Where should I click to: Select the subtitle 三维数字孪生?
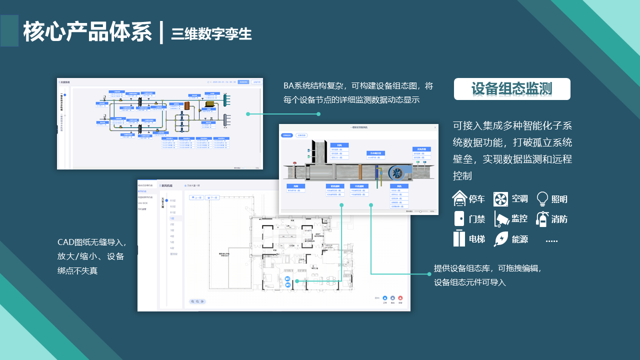pos(211,33)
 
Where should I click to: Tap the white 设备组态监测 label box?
pos(511,89)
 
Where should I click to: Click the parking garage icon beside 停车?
pos(460,198)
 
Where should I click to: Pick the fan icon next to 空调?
pos(500,199)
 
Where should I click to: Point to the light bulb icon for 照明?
pos(542,199)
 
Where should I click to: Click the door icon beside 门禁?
pos(459,218)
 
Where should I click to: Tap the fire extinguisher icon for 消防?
pos(541,218)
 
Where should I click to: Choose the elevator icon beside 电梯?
pos(459,238)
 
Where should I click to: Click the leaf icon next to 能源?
pos(500,239)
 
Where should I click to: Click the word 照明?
pos(559,199)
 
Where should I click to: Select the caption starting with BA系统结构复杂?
pos(358,86)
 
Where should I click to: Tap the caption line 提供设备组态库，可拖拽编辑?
pos(487,268)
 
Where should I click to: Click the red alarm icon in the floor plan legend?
pos(400,298)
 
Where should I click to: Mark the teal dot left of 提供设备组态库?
pos(429,274)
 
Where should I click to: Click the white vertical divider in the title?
pos(161,31)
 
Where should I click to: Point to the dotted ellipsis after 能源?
pos(551,241)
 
